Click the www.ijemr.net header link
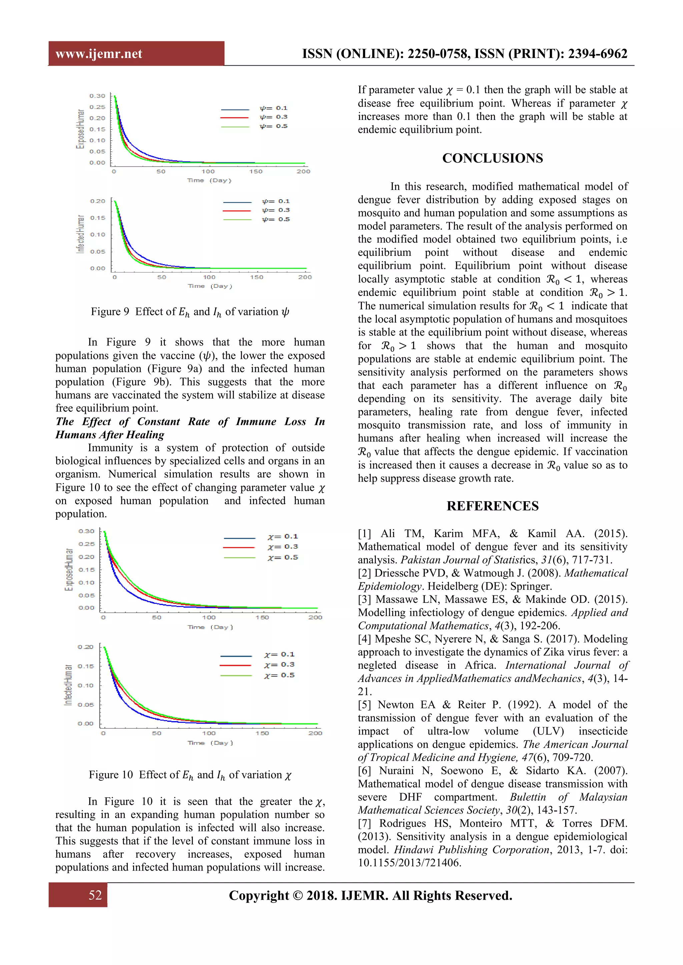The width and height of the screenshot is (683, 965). pyautogui.click(x=99, y=54)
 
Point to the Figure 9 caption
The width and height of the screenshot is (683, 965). pyautogui.click(x=190, y=312)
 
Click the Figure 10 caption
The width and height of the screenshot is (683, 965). pyautogui.click(x=190, y=775)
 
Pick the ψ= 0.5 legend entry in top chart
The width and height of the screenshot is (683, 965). pyautogui.click(x=273, y=126)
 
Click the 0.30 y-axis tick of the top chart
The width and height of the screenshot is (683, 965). pyautogui.click(x=97, y=96)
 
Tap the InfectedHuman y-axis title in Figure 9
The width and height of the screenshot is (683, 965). pyautogui.click(x=80, y=234)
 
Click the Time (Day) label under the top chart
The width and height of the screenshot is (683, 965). pyautogui.click(x=209, y=180)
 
